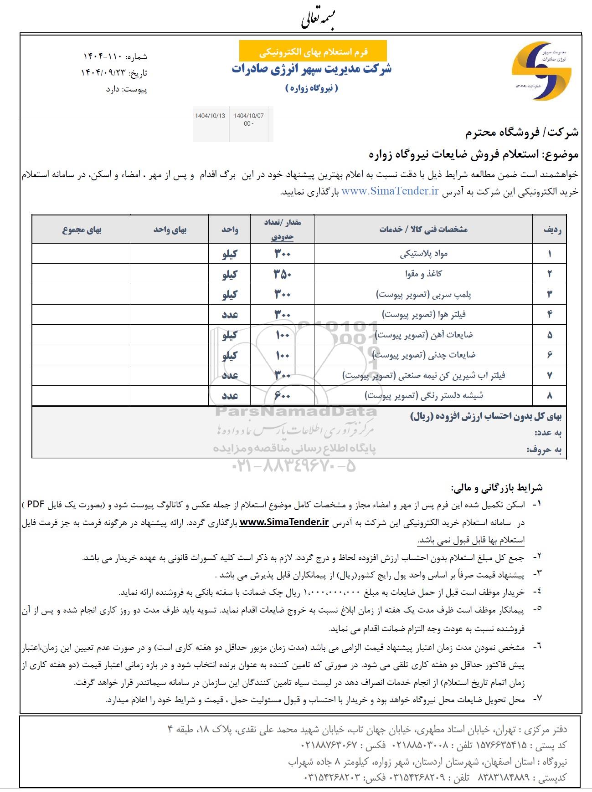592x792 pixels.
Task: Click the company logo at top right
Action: click(541, 71)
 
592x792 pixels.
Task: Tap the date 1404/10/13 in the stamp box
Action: click(210, 116)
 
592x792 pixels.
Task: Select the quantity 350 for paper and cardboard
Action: click(282, 274)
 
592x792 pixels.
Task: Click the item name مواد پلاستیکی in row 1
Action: click(423, 254)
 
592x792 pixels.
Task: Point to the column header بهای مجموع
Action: click(82, 230)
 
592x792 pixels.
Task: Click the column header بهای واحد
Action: click(170, 230)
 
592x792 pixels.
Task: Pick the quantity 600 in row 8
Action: click(282, 396)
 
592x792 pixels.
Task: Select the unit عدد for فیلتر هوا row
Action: click(230, 315)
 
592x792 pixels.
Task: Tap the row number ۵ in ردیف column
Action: click(549, 335)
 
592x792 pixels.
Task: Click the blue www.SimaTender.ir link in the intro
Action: click(390, 192)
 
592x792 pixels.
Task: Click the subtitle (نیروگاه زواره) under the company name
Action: click(312, 88)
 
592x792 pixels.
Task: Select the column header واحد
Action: click(230, 230)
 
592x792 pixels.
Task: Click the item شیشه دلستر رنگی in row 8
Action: click(423, 396)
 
